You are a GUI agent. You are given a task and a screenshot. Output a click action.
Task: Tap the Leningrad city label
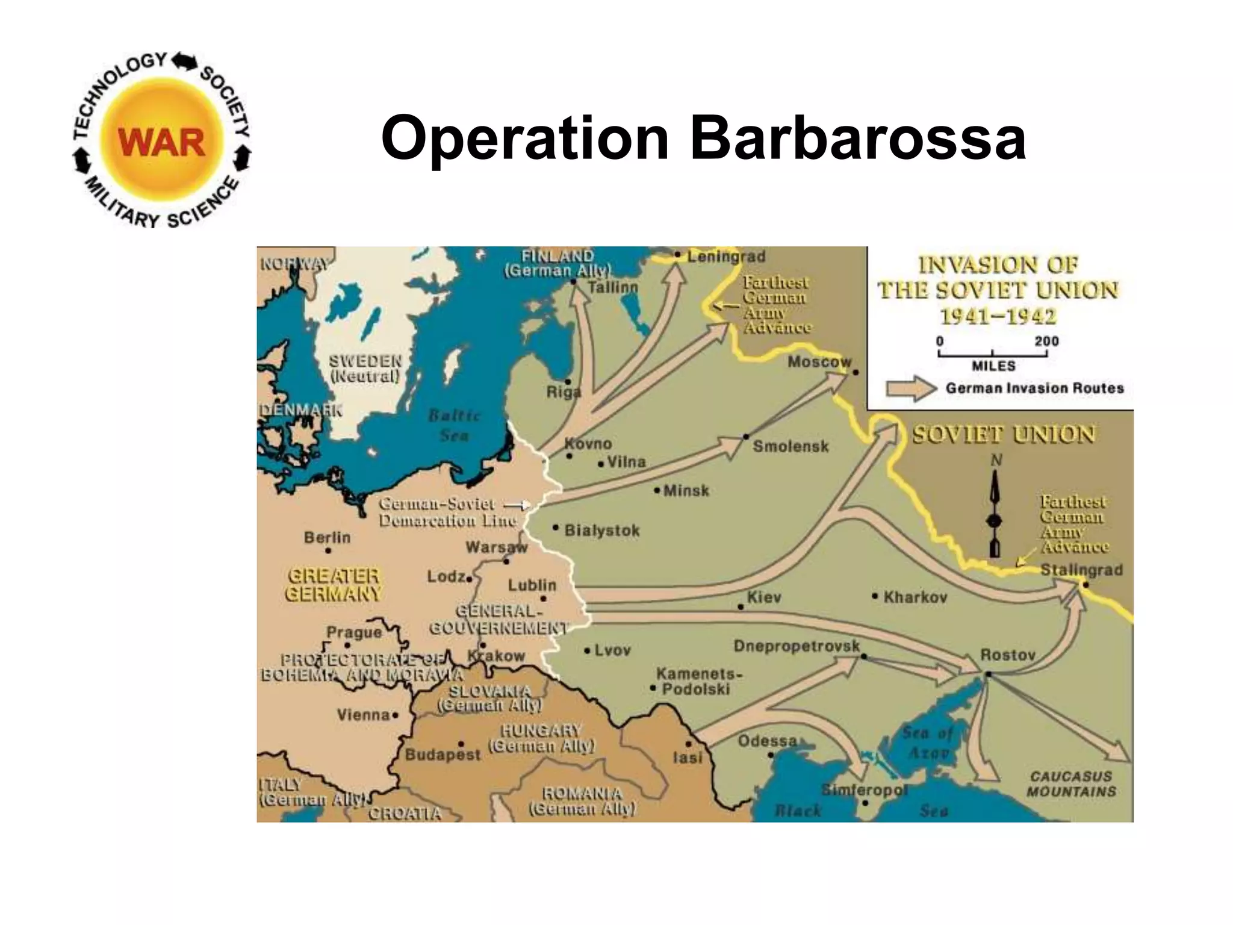point(726,257)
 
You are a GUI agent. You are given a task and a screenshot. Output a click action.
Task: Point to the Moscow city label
point(819,362)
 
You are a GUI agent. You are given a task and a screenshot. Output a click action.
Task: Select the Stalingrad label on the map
point(1081,570)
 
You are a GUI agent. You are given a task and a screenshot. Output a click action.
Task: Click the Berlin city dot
point(328,550)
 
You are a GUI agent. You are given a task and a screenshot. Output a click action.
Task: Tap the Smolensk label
point(790,446)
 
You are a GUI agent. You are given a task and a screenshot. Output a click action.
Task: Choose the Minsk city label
point(686,491)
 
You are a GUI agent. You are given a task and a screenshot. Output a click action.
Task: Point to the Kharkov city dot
point(875,596)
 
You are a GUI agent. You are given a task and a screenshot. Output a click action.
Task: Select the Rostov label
point(1008,655)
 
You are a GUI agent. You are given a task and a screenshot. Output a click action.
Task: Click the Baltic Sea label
point(454,425)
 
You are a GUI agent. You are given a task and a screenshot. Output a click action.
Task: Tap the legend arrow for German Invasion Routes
point(912,388)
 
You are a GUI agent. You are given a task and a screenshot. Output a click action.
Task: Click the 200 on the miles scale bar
point(1046,341)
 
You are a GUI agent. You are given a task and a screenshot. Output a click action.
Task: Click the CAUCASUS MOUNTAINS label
point(1071,784)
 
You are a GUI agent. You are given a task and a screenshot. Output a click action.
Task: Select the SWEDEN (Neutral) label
point(365,369)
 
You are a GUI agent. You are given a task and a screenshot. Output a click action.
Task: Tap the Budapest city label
point(443,755)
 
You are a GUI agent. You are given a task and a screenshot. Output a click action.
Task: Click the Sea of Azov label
point(928,743)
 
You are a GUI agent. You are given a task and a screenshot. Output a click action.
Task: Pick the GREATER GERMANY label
point(334,585)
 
